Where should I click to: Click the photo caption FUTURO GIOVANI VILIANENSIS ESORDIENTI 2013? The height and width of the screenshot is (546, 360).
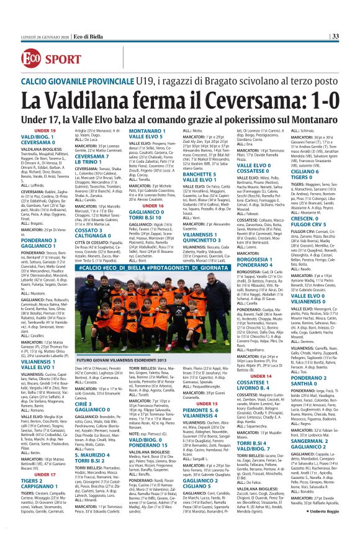click(117, 344)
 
